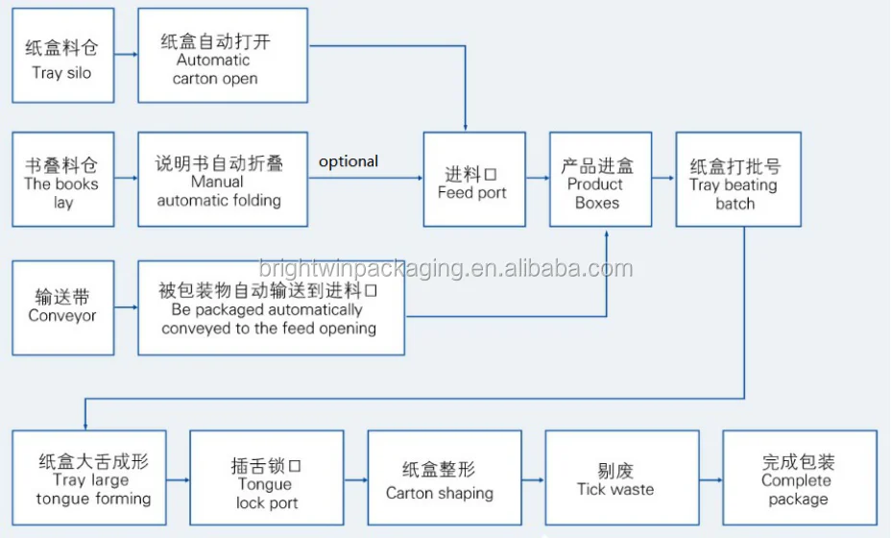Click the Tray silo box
62,56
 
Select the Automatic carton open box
223,56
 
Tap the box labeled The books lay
62,180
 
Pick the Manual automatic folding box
223,180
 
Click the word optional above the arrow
349,161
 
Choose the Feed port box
473,180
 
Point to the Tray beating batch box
737,180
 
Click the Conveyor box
62,307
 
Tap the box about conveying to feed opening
270,307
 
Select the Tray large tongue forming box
94,477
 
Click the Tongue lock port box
266,477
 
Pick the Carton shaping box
439,477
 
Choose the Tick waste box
615,477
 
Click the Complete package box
799,477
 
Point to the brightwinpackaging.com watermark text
445,268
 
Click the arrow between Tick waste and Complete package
710,478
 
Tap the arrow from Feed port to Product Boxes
537,179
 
